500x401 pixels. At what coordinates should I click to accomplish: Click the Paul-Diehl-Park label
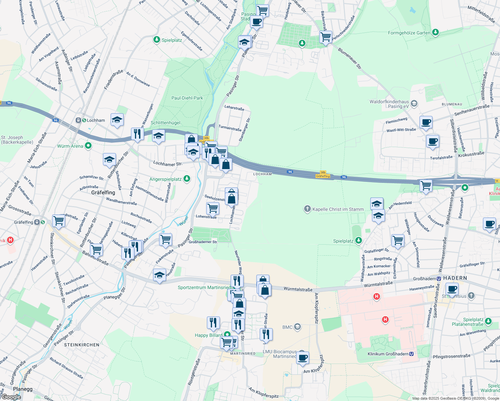tap(187, 98)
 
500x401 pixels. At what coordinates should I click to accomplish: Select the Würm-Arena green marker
tap(88, 146)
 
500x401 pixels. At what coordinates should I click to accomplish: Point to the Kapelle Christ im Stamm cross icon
tap(307, 209)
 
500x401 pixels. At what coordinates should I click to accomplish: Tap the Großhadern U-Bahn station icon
tap(439, 278)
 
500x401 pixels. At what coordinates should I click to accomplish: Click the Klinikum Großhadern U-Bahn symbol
tap(411, 354)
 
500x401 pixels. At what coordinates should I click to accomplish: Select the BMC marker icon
tap(297, 327)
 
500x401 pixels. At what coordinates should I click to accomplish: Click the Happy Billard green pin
tap(227, 335)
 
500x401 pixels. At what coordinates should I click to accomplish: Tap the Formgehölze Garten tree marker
tap(435, 32)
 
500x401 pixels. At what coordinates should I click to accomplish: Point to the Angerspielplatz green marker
tap(187, 179)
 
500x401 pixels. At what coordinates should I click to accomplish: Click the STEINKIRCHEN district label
tap(82, 345)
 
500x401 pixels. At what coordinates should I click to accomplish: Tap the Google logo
tap(11, 397)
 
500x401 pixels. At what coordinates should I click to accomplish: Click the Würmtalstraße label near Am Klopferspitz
tap(298, 289)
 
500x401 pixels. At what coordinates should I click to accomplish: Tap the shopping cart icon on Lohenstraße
tap(213, 208)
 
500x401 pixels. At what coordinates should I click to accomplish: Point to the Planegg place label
tap(23, 389)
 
